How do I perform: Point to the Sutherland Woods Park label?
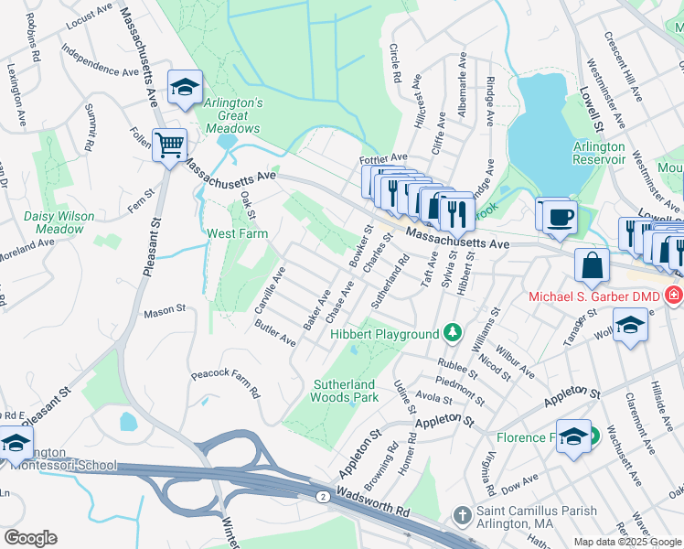(346, 391)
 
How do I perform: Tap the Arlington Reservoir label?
(599, 153)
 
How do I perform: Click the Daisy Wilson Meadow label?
(53, 222)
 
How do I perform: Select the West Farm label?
(236, 233)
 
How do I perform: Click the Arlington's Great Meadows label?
(233, 116)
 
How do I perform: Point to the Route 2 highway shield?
(322, 496)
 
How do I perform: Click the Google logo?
(30, 538)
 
